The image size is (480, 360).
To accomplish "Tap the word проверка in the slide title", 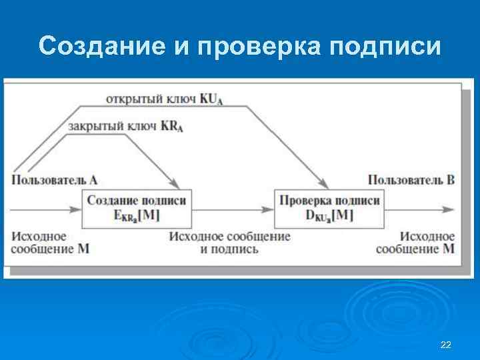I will (x=253, y=46).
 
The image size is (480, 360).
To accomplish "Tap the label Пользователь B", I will (x=411, y=179).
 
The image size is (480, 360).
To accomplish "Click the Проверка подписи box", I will (x=330, y=208).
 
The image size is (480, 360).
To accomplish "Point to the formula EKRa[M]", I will (x=137, y=215).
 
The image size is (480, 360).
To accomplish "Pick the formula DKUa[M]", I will (x=330, y=215).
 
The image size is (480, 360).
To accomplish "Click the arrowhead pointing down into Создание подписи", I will (x=177, y=184).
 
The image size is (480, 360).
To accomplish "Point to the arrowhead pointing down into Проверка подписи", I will (x=326, y=184).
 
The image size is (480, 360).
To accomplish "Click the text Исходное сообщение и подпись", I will (x=230, y=243).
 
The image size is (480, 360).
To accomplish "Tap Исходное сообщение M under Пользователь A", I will (x=50, y=243).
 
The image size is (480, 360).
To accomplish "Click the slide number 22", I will (x=446, y=345).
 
